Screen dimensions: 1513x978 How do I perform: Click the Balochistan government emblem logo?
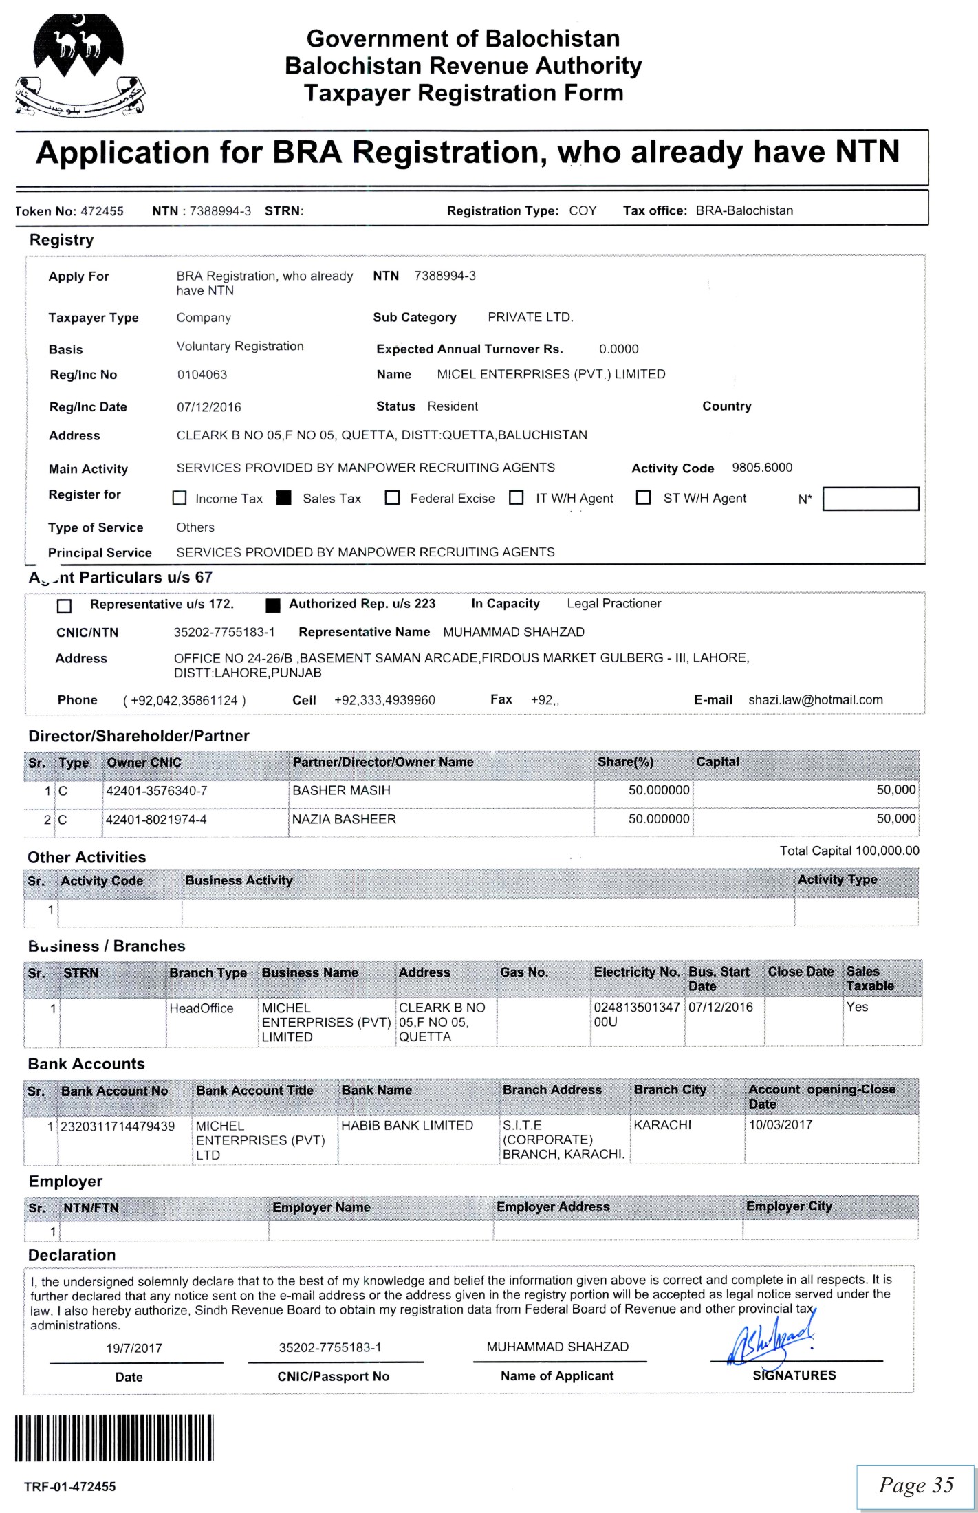click(80, 65)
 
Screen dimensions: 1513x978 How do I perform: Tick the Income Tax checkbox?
click(180, 498)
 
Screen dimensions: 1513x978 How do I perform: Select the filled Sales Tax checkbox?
click(284, 498)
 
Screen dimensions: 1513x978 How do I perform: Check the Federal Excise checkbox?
click(392, 498)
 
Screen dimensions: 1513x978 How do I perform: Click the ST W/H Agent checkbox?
click(643, 497)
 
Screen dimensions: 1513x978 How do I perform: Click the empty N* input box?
click(870, 499)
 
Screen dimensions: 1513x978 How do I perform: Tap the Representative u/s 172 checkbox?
click(64, 606)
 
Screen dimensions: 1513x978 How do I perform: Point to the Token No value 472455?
click(102, 211)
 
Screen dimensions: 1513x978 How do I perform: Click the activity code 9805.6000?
click(761, 468)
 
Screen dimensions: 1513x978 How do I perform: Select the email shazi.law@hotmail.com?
click(815, 699)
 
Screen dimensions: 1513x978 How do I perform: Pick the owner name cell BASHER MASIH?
click(341, 791)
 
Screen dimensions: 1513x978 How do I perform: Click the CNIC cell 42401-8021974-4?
click(156, 820)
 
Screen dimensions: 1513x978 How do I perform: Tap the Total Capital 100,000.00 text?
click(849, 851)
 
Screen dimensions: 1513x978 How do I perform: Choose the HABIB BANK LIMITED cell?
click(407, 1125)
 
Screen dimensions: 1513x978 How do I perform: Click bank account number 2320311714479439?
click(118, 1126)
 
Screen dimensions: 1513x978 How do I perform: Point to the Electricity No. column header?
click(636, 972)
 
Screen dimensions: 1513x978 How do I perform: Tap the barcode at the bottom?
click(114, 1438)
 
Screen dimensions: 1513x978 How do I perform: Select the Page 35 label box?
click(915, 1485)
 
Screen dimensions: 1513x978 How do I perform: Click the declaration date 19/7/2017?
click(134, 1348)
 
